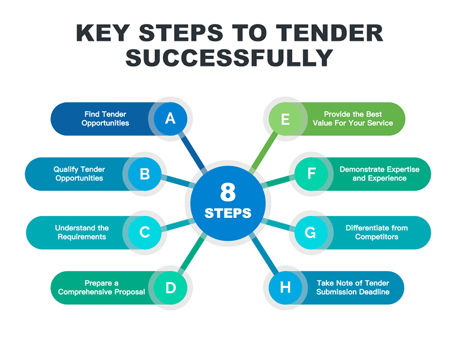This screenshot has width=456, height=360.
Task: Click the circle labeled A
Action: pos(170,119)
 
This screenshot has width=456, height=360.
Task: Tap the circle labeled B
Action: pos(145,174)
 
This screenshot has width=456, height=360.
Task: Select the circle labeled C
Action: pos(145,232)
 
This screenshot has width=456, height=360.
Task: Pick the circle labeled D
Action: pos(170,287)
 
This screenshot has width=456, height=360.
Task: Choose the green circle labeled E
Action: pos(285,119)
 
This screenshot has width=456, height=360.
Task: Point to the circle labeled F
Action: pos(311,174)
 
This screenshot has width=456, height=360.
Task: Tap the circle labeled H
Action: pos(285,287)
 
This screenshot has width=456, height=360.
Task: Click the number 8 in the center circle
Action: pos(228,193)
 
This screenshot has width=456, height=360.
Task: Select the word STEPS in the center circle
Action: pos(228,213)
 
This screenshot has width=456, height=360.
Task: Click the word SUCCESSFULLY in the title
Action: pos(229,58)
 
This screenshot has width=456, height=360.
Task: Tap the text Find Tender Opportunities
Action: pos(105,118)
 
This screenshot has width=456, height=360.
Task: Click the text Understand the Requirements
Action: pos(82,232)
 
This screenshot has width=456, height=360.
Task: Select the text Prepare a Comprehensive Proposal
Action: pos(101,287)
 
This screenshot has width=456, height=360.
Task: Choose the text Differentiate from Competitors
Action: pos(376,232)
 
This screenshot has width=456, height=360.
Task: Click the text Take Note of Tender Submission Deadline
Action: pos(353,287)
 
